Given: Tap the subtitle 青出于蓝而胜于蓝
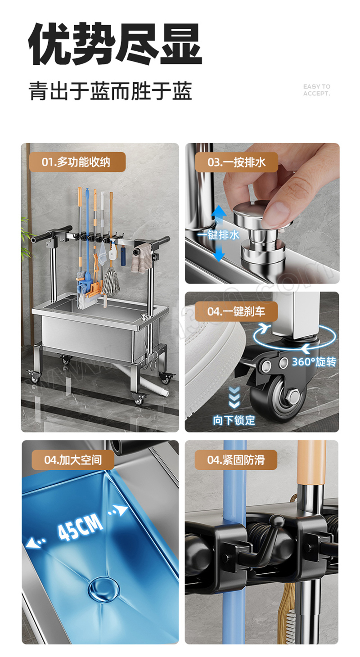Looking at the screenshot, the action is pyautogui.click(x=111, y=91).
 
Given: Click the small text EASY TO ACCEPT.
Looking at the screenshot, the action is pyautogui.click(x=317, y=90).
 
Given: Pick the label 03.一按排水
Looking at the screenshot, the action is pyautogui.click(x=236, y=162).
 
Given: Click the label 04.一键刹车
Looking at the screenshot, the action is pyautogui.click(x=236, y=311).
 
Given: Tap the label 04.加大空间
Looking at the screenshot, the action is pyautogui.click(x=73, y=460).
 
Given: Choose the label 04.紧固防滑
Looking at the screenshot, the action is pyautogui.click(x=236, y=460).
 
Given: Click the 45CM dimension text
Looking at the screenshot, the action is pyautogui.click(x=80, y=527).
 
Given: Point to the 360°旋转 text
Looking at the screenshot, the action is pyautogui.click(x=314, y=362).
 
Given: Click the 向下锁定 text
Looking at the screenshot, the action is pyautogui.click(x=234, y=420).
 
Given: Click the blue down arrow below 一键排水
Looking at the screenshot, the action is pyautogui.click(x=219, y=251).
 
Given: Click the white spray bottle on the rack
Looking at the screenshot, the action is pyautogui.click(x=112, y=251).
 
